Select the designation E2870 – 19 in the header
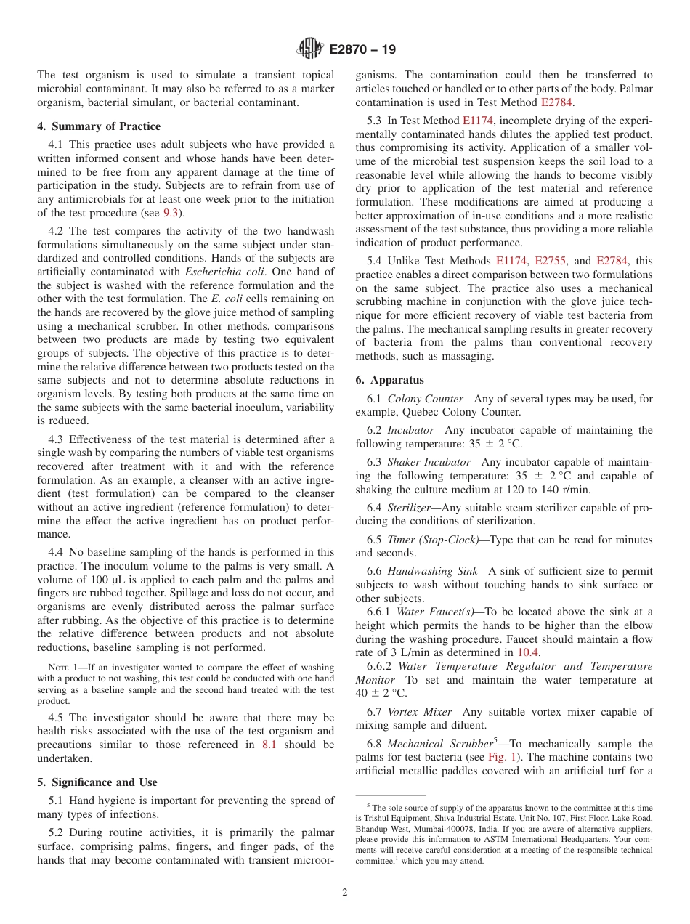click(362, 50)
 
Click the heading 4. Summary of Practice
click(99, 126)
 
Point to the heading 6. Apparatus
click(389, 380)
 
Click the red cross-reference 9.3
click(171, 213)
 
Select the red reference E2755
click(551, 260)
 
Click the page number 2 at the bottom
click(345, 893)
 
